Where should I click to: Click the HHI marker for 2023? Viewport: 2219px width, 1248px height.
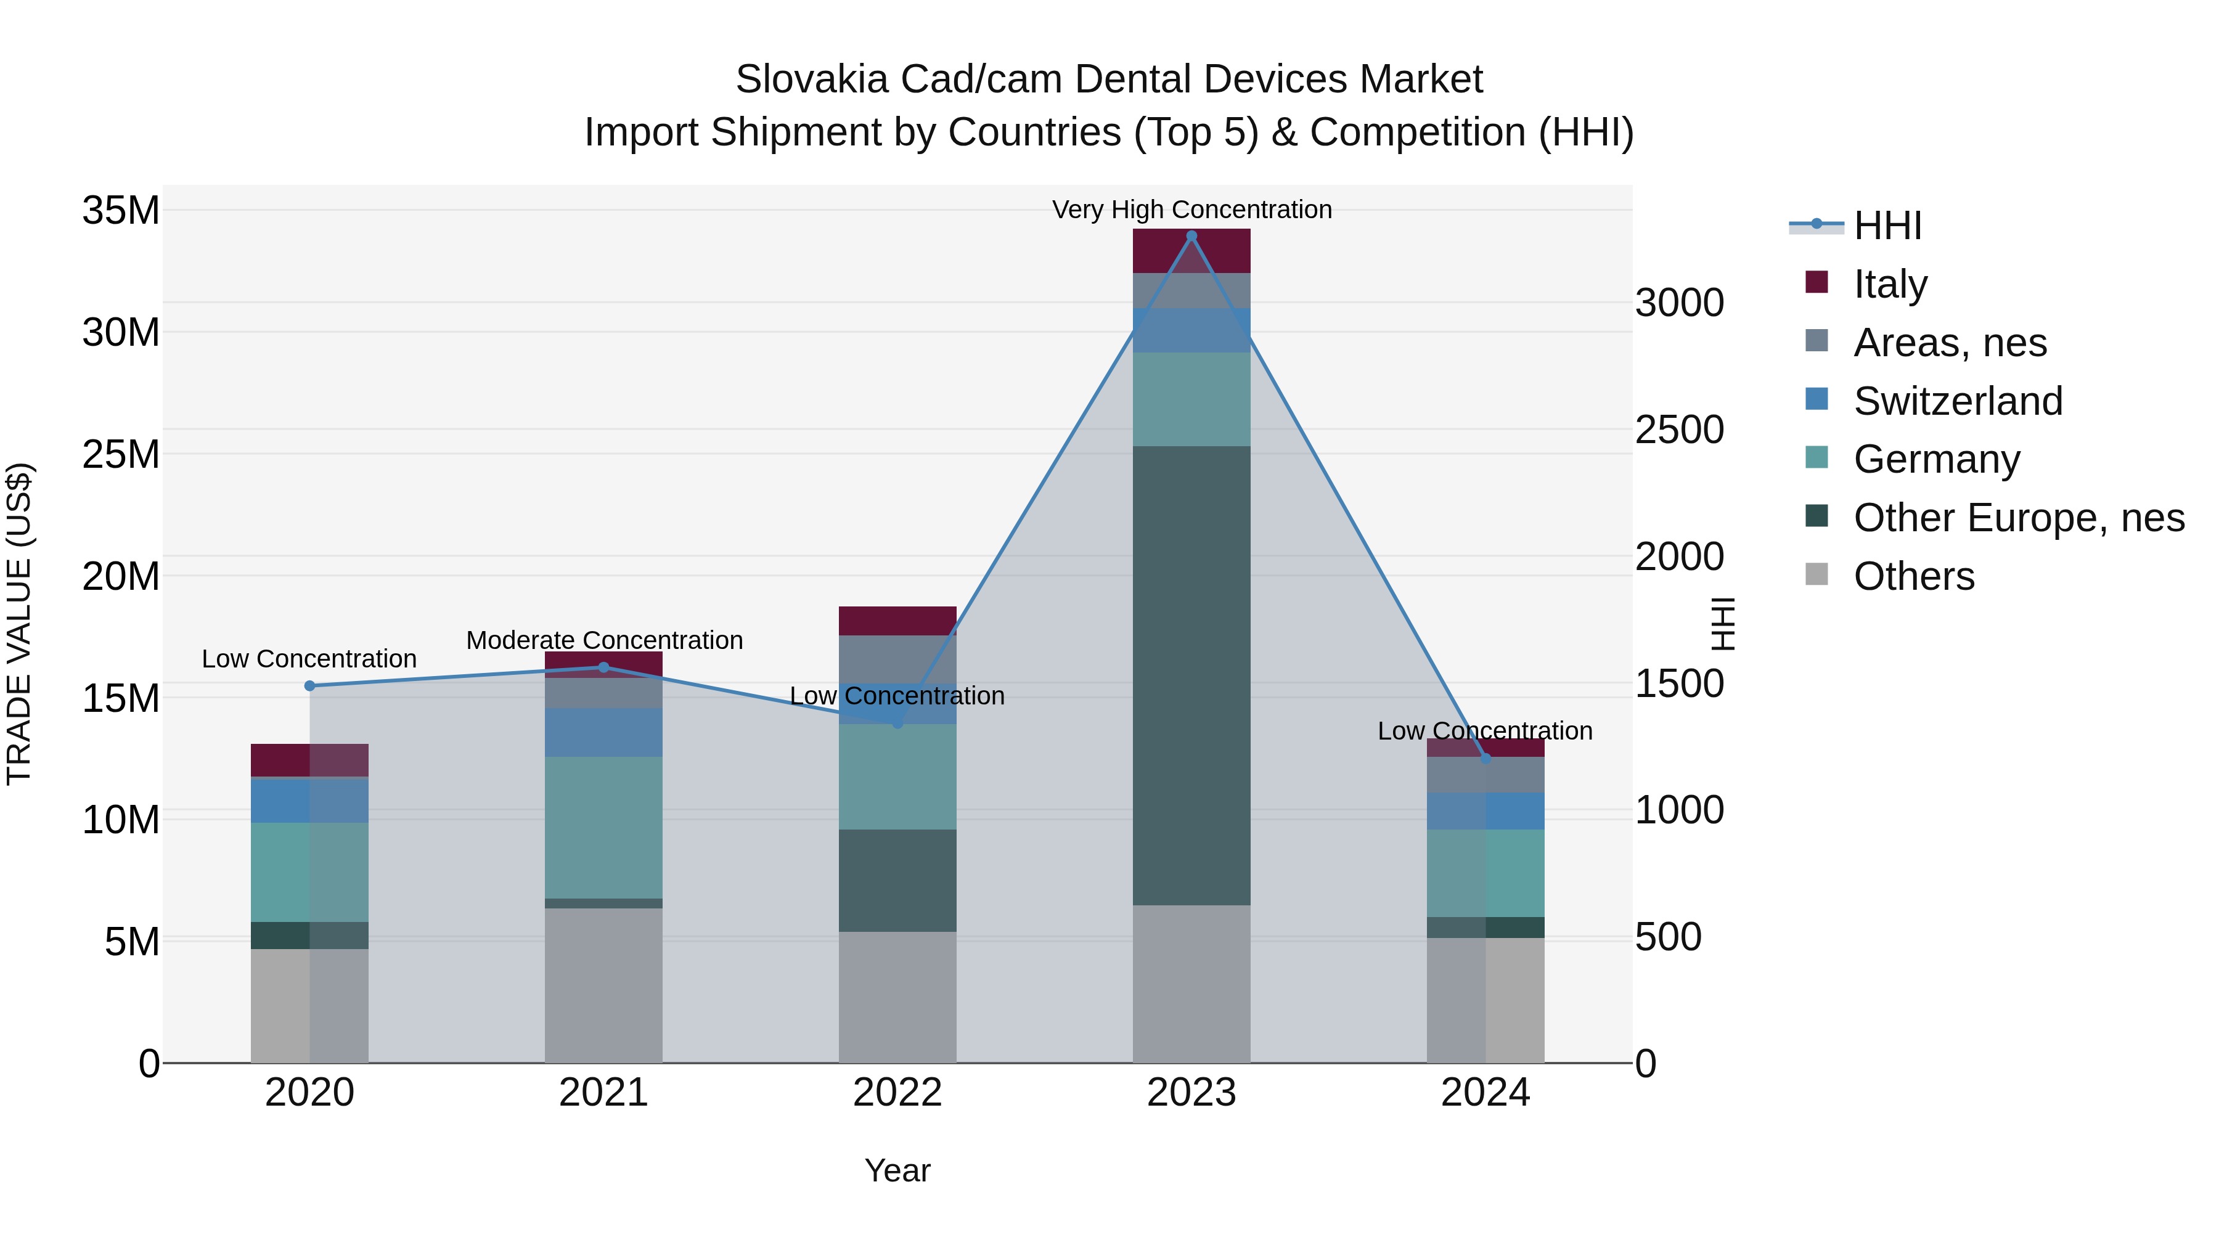coord(1191,236)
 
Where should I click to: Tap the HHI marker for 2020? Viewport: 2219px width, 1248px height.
coord(310,685)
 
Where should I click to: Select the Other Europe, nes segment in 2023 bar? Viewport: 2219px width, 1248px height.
coord(1191,675)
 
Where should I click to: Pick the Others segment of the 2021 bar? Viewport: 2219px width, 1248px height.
coord(603,985)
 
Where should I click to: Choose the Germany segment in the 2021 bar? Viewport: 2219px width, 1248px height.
coord(603,828)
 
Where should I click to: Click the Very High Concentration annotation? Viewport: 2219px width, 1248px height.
coord(1191,210)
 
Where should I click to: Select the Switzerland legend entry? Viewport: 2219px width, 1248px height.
coord(1957,401)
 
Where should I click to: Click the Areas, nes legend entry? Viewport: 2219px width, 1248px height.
coord(1950,343)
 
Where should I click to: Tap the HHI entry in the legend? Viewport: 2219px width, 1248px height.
coord(1887,226)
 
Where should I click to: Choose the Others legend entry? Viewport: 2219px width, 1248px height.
coord(1913,576)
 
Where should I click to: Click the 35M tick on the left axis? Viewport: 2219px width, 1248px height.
coord(121,211)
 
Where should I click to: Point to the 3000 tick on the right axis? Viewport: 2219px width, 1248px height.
coord(1679,303)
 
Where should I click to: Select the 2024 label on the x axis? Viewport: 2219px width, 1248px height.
coord(1485,1093)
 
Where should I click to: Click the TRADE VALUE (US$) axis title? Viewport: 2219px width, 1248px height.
coord(19,624)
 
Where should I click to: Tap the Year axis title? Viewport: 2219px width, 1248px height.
coord(897,1170)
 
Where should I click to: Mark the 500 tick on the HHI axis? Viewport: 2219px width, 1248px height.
coord(1668,937)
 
